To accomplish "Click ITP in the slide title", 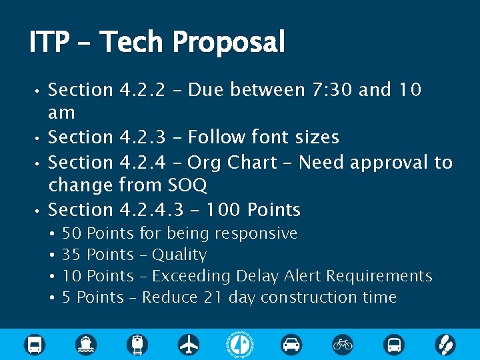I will pyautogui.click(x=49, y=43).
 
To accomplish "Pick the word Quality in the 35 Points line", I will pyautogui.click(x=179, y=255).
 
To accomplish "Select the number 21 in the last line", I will pyautogui.click(x=213, y=297).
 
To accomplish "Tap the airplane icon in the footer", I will pyautogui.click(x=189, y=344).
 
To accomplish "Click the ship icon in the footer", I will pyautogui.click(x=86, y=344).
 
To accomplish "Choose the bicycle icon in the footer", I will pyautogui.click(x=343, y=344).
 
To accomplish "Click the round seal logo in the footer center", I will pyautogui.click(x=240, y=344).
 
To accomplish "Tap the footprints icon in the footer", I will pyautogui.click(x=445, y=344).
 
